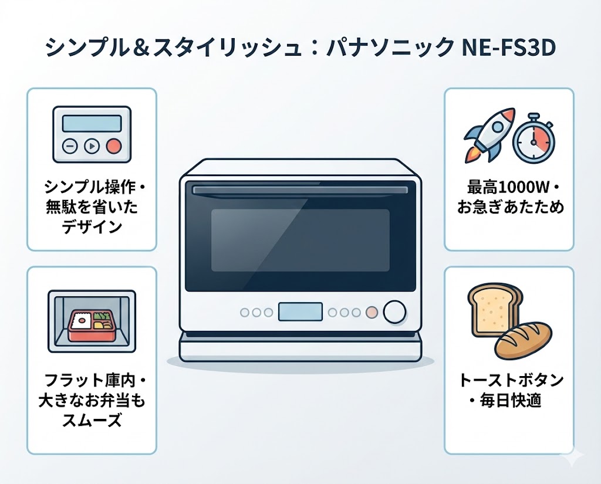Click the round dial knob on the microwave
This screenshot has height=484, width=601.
coord(395,312)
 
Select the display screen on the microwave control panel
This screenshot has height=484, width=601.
coord(300,312)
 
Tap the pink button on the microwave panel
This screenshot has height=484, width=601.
coord(371,312)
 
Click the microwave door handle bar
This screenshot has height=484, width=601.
coord(300,190)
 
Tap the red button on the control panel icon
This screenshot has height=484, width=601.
coord(114,146)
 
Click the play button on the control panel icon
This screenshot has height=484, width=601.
coord(91,146)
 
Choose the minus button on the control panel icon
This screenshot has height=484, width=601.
coord(69,146)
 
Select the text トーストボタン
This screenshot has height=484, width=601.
coord(508,380)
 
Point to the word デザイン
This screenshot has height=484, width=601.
coord(91,226)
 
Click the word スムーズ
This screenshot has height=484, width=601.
coord(91,419)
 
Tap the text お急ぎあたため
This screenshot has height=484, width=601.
coord(508,207)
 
